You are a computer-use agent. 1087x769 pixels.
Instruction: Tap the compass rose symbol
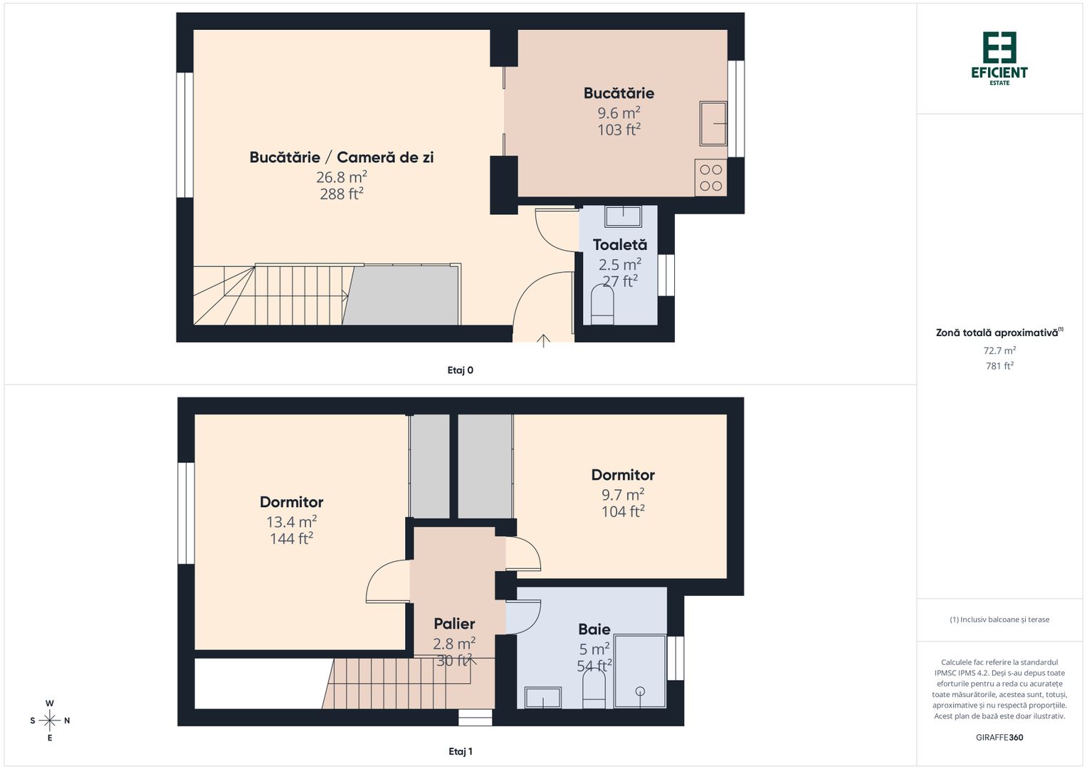pyautogui.click(x=50, y=721)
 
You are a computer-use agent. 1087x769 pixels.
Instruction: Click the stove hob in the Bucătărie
pyautogui.click(x=710, y=178)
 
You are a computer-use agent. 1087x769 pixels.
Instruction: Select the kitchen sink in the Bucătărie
pyautogui.click(x=713, y=124)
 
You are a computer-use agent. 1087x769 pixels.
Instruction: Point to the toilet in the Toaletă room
pyautogui.click(x=602, y=306)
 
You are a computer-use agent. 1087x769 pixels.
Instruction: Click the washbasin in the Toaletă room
pyautogui.click(x=623, y=216)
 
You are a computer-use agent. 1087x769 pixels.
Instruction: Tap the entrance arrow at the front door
pyautogui.click(x=543, y=340)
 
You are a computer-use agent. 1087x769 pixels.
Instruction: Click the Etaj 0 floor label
pyautogui.click(x=460, y=370)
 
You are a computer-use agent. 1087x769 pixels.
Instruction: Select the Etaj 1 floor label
pyautogui.click(x=460, y=751)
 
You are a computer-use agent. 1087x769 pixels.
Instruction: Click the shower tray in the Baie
pyautogui.click(x=640, y=671)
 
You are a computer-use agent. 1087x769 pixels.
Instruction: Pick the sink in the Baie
pyautogui.click(x=542, y=697)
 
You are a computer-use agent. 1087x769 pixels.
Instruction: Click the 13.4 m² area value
pyautogui.click(x=291, y=522)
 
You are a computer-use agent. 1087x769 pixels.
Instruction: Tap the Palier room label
pyautogui.click(x=454, y=624)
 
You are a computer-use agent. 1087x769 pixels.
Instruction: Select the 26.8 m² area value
pyautogui.click(x=341, y=177)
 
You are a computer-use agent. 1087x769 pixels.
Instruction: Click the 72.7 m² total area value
pyautogui.click(x=999, y=350)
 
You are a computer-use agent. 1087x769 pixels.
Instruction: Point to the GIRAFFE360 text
pyautogui.click(x=999, y=738)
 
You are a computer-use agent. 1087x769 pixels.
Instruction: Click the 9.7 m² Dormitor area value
pyautogui.click(x=623, y=494)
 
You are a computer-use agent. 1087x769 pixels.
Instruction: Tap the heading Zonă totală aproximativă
pyautogui.click(x=997, y=333)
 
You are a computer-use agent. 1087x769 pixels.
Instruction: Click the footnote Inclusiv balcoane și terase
pyautogui.click(x=999, y=619)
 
